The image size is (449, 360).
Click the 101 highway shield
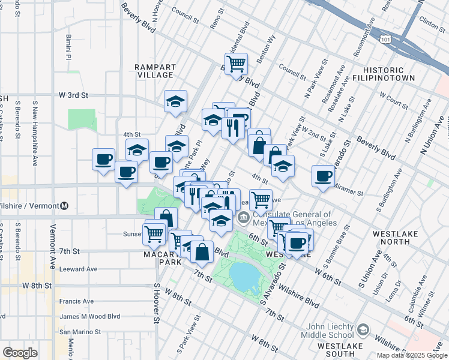pyautogui.click(x=385, y=38)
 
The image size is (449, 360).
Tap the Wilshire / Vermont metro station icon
pyautogui.click(x=64, y=206)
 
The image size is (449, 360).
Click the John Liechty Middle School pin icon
pyautogui.click(x=363, y=330)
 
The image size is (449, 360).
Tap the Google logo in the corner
pyautogui.click(x=20, y=353)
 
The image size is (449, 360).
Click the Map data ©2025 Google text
pyautogui.click(x=412, y=355)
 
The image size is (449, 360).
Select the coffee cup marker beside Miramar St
pyautogui.click(x=323, y=176)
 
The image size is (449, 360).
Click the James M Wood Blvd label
pyautogui.click(x=89, y=316)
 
